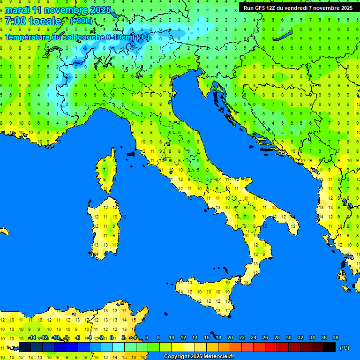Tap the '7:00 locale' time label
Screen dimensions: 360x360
(33, 21)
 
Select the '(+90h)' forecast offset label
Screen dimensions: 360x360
(81, 21)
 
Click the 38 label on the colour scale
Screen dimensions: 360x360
(335, 338)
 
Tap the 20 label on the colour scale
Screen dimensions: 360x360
(230, 338)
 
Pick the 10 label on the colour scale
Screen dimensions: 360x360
(172, 338)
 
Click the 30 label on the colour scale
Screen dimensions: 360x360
(288, 338)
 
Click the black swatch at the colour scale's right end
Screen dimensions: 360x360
(330, 347)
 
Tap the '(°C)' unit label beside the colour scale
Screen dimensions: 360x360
(345, 348)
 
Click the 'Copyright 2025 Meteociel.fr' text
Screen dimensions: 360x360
(199, 357)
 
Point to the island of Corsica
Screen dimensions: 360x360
(106, 171)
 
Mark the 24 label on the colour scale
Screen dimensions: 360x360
(253, 338)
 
